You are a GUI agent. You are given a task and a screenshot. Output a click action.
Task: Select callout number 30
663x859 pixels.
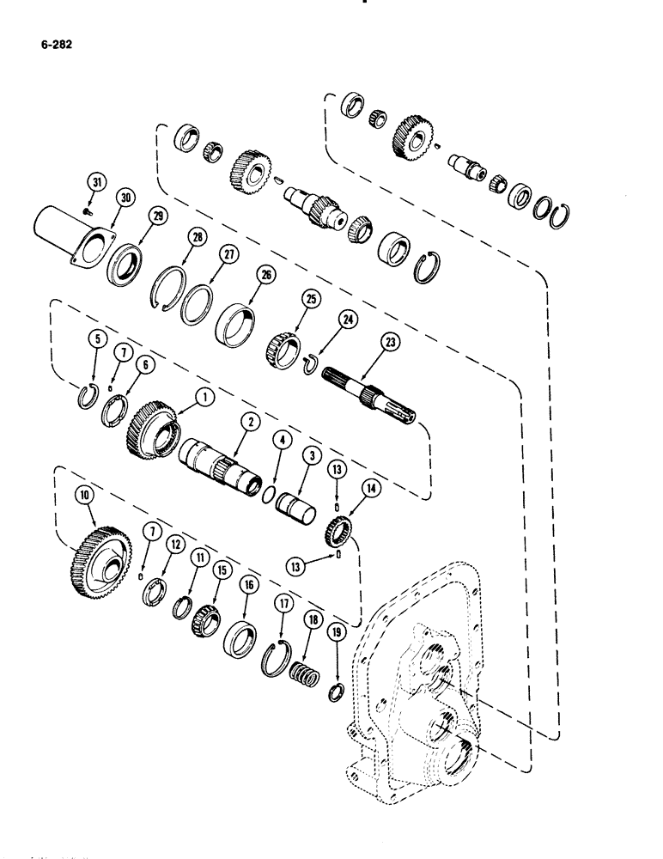(x=127, y=198)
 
